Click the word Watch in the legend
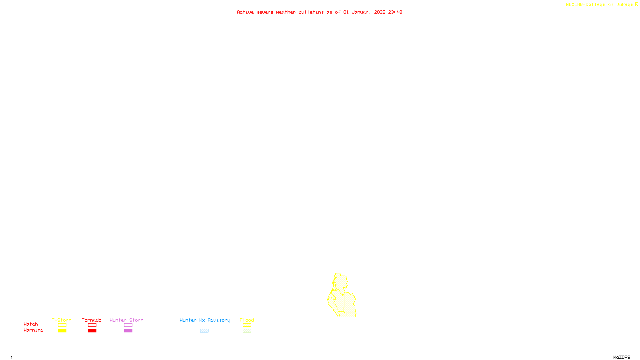tap(31, 324)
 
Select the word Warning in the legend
tap(33, 330)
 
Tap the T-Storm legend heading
tap(62, 320)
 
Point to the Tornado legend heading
tap(92, 320)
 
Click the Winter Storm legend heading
tap(126, 320)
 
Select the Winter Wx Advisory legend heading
tap(205, 320)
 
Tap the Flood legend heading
tap(247, 320)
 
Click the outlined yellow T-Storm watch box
tap(62, 325)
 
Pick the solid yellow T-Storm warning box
tap(62, 331)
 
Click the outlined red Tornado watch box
tap(92, 325)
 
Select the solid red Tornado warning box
tap(92, 331)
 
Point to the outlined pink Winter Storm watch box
tap(128, 325)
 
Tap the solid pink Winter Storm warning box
tap(128, 331)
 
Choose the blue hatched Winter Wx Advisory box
tap(204, 331)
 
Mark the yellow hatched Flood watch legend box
tap(247, 325)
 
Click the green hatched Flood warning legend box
tap(247, 331)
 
